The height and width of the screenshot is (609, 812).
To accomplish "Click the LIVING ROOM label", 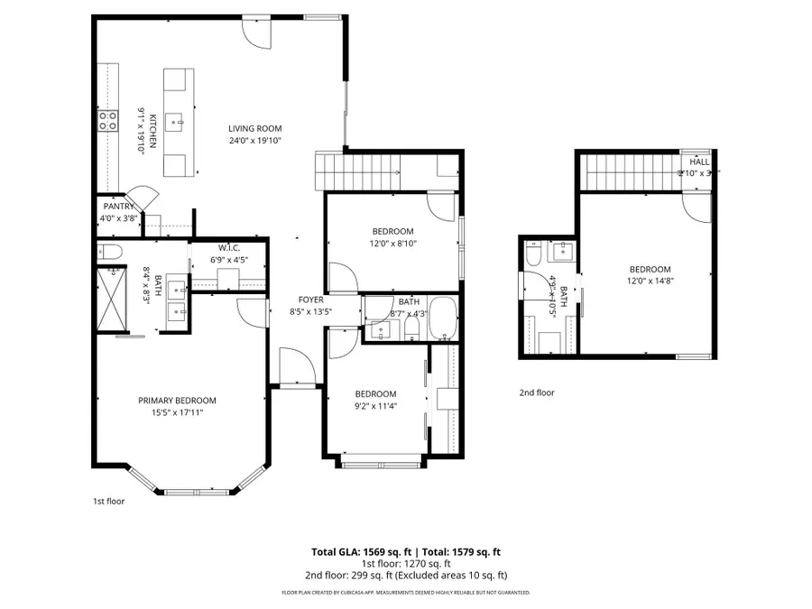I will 255,129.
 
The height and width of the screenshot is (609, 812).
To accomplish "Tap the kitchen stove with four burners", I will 108,120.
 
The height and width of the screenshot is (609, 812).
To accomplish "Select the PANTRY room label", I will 117,207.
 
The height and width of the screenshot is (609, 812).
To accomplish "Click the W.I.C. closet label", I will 227,248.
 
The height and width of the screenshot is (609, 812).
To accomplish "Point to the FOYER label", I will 311,300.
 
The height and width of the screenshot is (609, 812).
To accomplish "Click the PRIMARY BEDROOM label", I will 177,401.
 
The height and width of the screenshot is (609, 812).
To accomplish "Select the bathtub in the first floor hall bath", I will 443,318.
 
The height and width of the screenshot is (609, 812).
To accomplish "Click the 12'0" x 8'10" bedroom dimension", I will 392,243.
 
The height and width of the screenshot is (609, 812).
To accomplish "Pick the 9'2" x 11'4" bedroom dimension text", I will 374,406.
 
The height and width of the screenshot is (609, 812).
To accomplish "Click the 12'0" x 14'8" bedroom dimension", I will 650,281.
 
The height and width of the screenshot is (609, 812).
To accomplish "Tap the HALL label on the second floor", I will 699,161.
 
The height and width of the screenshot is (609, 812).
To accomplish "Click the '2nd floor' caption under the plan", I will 536,392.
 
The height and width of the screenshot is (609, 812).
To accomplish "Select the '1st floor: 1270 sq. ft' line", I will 406,563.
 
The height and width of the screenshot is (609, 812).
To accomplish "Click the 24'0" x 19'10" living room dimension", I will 255,141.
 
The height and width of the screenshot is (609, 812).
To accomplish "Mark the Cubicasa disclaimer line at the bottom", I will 406,593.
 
